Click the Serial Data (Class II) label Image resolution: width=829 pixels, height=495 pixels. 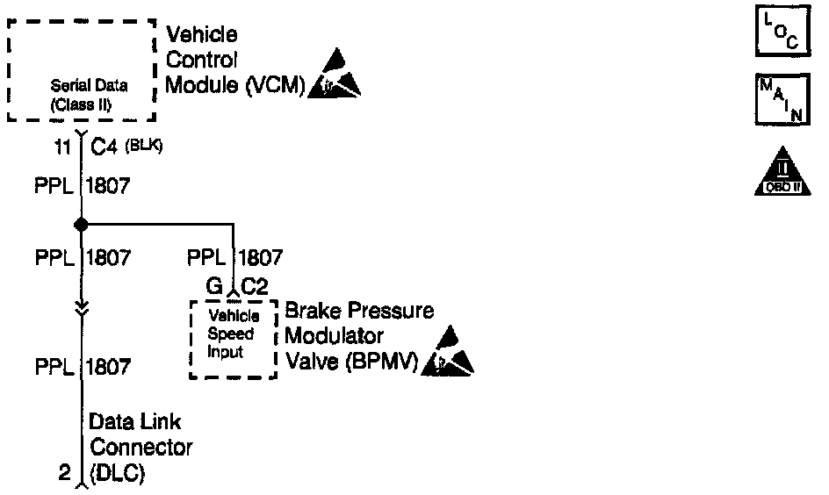click(89, 93)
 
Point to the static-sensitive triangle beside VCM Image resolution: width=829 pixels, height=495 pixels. click(334, 75)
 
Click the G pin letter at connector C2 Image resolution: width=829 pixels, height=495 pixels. click(214, 285)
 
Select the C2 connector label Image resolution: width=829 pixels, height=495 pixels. click(255, 285)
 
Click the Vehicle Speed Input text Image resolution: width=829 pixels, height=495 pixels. click(230, 334)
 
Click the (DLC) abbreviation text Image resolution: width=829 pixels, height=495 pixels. click(118, 475)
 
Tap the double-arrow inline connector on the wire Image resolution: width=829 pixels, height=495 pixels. click(81, 305)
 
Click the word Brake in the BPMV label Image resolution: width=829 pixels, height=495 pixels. click(312, 312)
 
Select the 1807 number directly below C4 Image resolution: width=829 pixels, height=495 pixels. click(109, 186)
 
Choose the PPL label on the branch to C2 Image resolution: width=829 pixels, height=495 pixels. click(207, 258)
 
